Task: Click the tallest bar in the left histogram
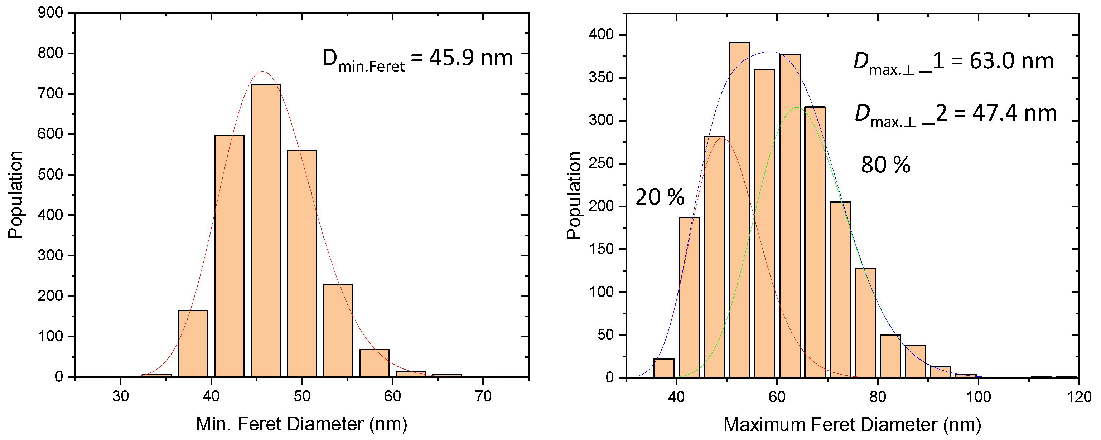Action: (265, 231)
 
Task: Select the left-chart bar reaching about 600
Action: (229, 256)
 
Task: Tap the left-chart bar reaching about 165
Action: (193, 344)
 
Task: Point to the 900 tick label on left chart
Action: (50, 13)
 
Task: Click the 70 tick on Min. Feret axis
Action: (483, 396)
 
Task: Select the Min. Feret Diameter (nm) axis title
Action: (301, 424)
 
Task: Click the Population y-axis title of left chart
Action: (15, 195)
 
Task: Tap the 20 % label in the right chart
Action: (660, 197)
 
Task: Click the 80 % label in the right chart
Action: (885, 165)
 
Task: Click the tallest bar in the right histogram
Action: (739, 209)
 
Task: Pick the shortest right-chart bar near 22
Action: (664, 368)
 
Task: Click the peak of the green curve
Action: (797, 108)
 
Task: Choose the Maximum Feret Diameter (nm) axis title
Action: (852, 425)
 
